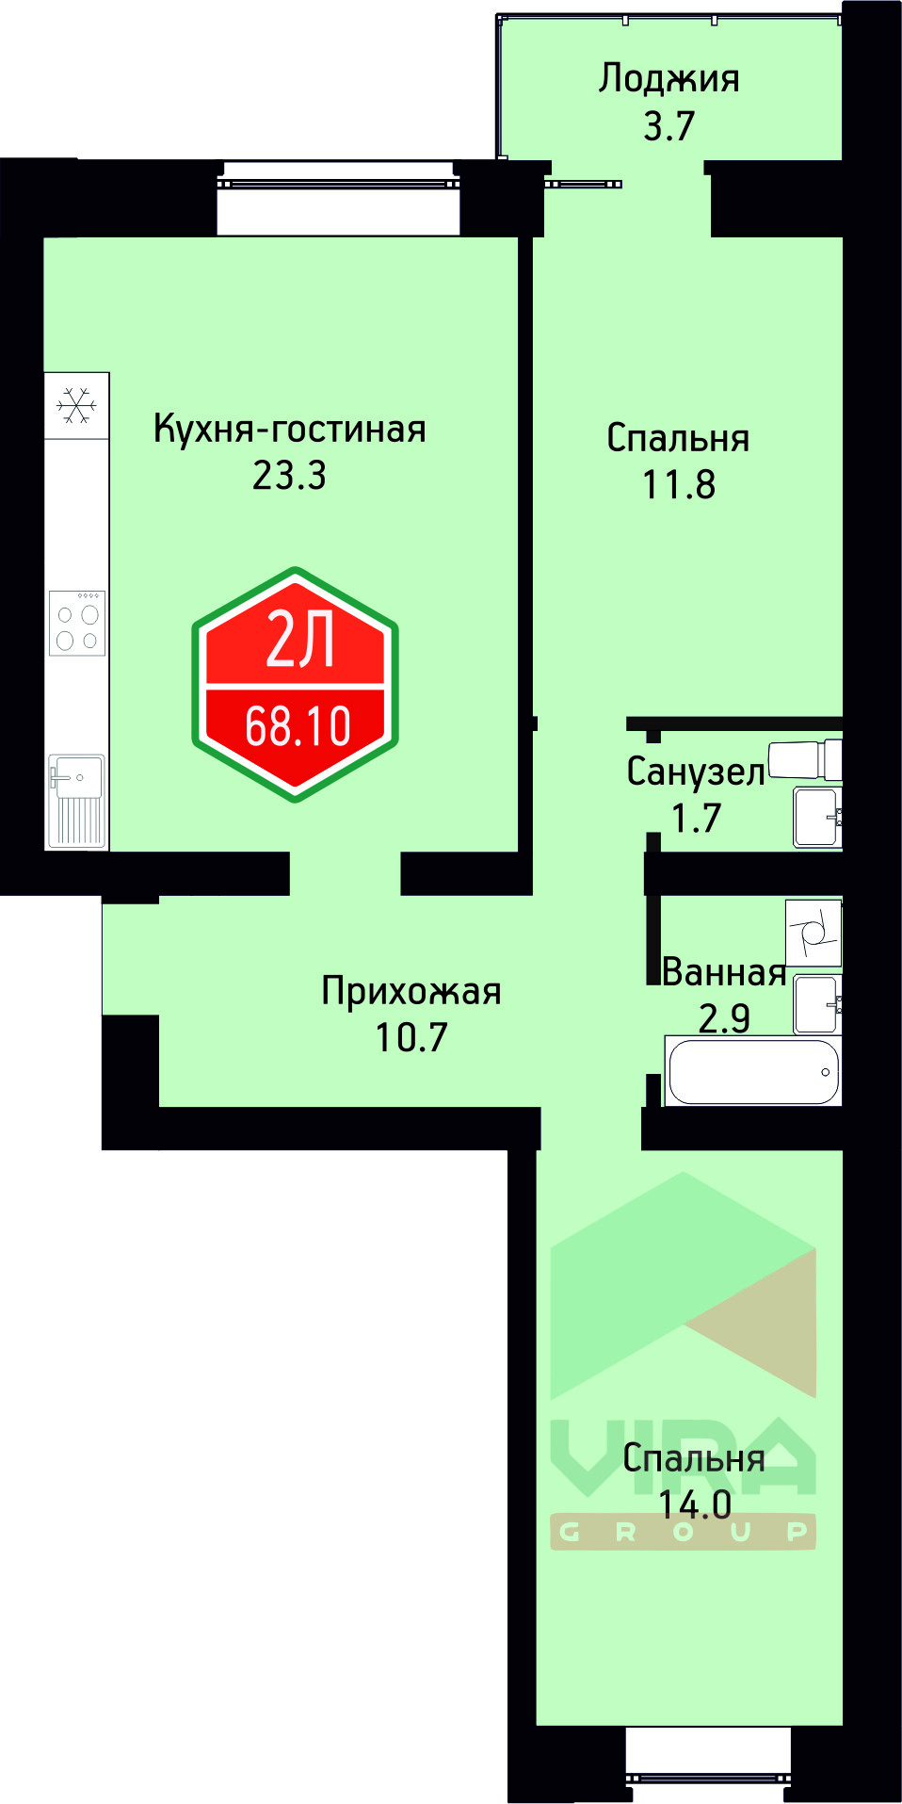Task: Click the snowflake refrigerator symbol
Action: pyautogui.click(x=76, y=406)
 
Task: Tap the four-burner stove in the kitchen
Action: pyautogui.click(x=77, y=624)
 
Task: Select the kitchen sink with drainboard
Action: pyautogui.click(x=77, y=799)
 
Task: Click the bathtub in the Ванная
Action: pyautogui.click(x=751, y=1071)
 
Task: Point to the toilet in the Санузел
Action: pyautogui.click(x=805, y=759)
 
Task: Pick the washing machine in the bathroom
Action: pyautogui.click(x=813, y=933)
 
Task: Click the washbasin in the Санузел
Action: pyautogui.click(x=815, y=817)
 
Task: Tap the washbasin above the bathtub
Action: pyautogui.click(x=815, y=1004)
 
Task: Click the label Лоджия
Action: pyautogui.click(x=668, y=79)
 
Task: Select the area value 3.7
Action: pyautogui.click(x=668, y=126)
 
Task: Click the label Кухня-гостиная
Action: pyautogui.click(x=289, y=430)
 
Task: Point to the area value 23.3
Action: pyautogui.click(x=289, y=476)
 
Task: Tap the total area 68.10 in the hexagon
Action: pyautogui.click(x=298, y=727)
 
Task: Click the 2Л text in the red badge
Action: pyautogui.click(x=299, y=642)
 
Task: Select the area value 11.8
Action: pyautogui.click(x=678, y=485)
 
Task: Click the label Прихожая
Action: pyautogui.click(x=411, y=991)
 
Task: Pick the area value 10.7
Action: pyautogui.click(x=411, y=1037)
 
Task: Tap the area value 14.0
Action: pyautogui.click(x=695, y=1504)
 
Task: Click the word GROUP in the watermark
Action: pyautogui.click(x=683, y=1533)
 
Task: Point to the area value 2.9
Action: pyautogui.click(x=724, y=1018)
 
